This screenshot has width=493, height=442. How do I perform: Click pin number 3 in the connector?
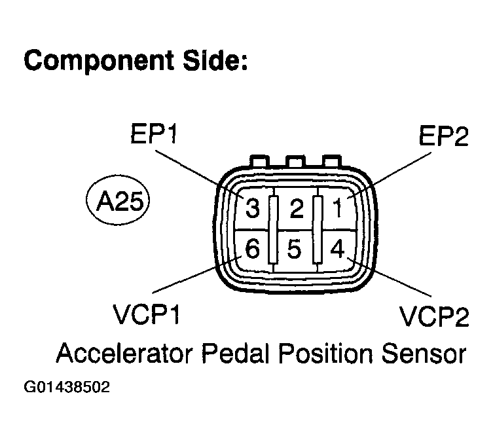pos(253,208)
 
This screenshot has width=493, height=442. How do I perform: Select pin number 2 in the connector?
pos(297,208)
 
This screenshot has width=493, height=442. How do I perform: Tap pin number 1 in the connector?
pos(338,208)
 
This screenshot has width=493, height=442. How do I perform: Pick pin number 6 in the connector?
pos(253,248)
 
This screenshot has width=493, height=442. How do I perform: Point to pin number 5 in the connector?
pos(294,249)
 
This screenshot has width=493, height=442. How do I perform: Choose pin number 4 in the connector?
pos(337,248)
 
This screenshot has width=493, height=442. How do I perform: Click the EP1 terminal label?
pos(154,134)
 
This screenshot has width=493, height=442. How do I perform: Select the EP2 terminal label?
pos(444,136)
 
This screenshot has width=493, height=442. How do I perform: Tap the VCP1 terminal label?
pos(147,315)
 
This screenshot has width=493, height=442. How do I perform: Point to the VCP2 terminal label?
pos(434,316)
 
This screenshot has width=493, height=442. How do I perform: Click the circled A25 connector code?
pos(118,200)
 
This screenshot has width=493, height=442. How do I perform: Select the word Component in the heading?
pos(99,62)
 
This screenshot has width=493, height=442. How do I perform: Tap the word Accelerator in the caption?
pos(124,353)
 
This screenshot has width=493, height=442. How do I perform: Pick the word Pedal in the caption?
pos(237,353)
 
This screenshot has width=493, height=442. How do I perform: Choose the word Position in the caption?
pos(326,353)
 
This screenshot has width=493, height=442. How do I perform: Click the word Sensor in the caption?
pos(424,354)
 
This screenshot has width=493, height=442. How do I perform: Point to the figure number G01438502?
pos(67,387)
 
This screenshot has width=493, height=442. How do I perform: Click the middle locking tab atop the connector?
pos(295,162)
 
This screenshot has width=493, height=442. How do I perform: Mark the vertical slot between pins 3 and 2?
pos(274,229)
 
